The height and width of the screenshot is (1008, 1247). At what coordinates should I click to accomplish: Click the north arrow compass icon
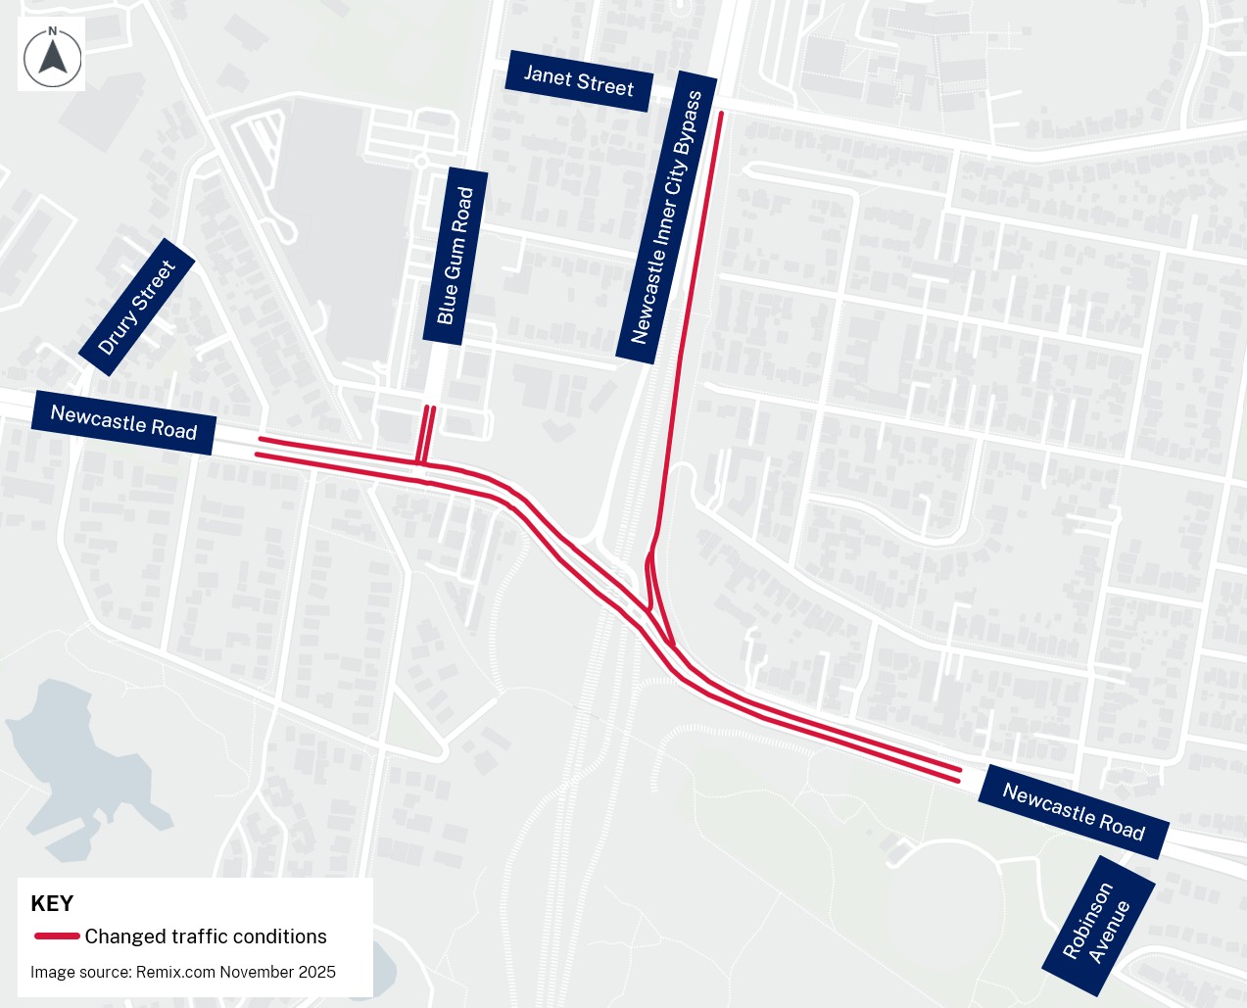point(52,56)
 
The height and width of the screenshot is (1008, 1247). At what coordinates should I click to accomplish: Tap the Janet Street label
point(578,81)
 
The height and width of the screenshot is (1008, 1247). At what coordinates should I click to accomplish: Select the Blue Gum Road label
point(455,256)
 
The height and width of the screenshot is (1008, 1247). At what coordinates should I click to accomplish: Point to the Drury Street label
point(136,307)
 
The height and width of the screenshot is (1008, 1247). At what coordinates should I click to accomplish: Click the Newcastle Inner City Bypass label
point(666,217)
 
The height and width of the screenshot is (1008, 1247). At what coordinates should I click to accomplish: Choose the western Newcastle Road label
point(123,422)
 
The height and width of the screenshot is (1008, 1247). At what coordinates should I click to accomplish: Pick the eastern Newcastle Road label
point(1074,812)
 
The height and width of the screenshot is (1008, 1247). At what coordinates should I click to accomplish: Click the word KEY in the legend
point(52,903)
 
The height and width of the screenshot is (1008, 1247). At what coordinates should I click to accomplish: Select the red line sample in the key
point(57,936)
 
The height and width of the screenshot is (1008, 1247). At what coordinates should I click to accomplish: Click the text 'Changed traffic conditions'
point(206,936)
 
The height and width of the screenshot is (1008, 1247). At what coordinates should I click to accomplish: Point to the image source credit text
point(183,972)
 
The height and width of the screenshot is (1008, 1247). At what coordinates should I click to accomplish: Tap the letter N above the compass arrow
point(53,31)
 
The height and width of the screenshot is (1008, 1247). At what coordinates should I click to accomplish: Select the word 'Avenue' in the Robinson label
point(1111,932)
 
